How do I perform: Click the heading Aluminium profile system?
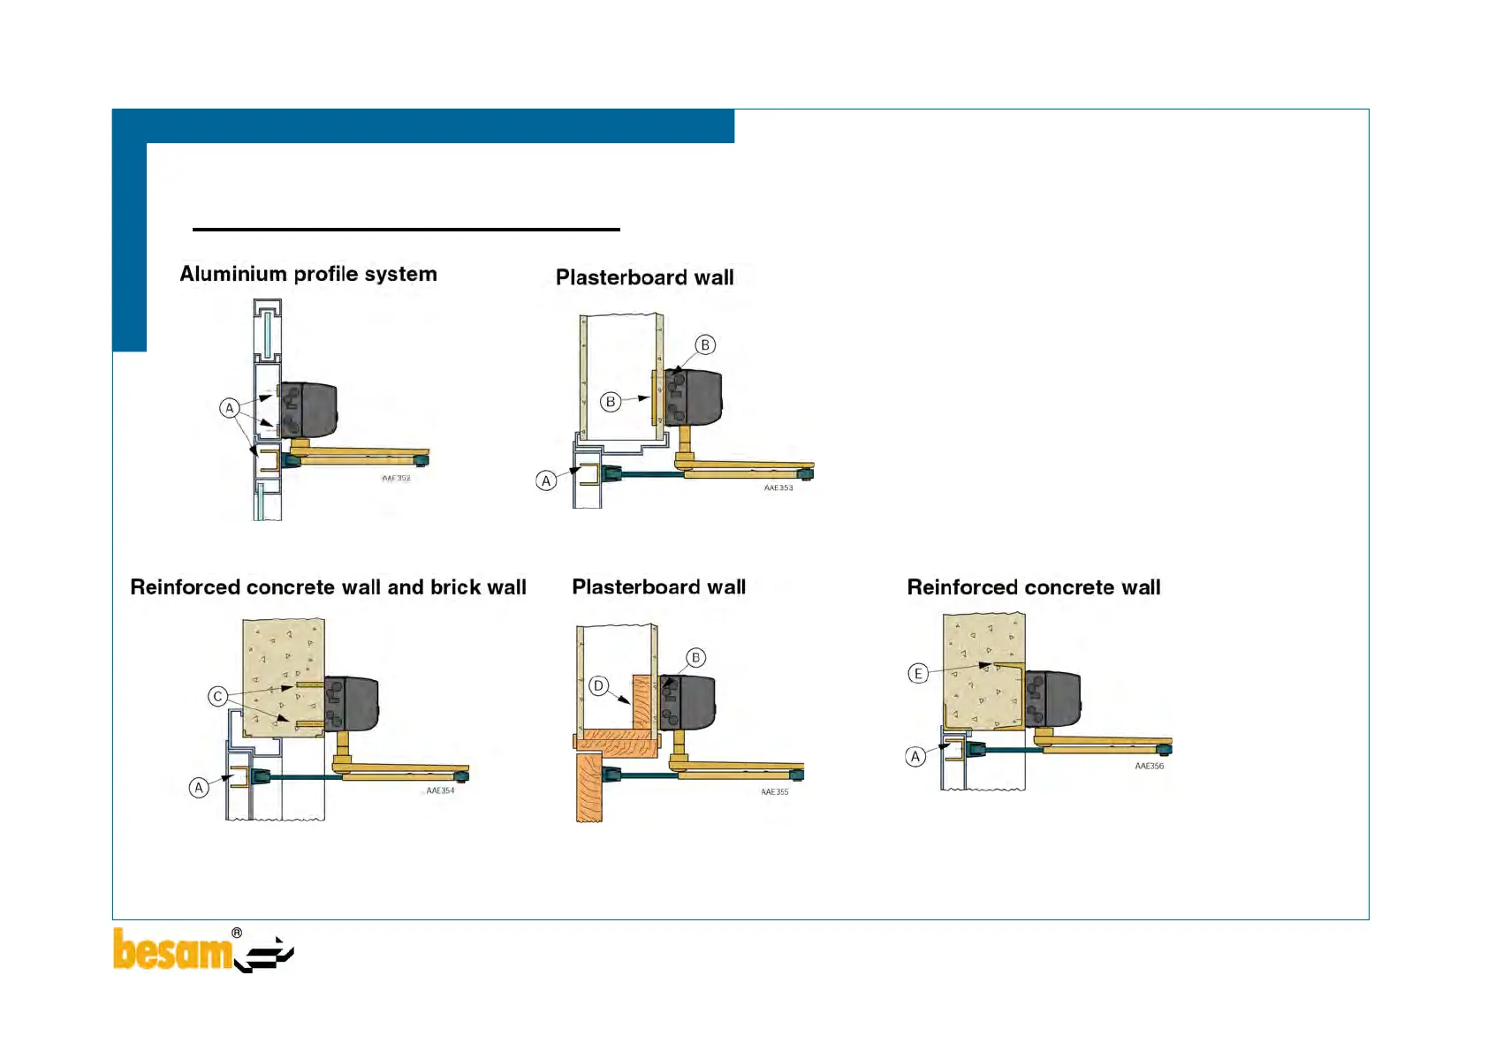[308, 274]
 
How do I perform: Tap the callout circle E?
[918, 674]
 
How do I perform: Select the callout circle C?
[217, 696]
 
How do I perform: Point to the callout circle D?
[598, 686]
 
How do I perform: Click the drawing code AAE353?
[778, 488]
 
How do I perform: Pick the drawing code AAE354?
[440, 790]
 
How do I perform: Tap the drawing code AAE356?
[1149, 766]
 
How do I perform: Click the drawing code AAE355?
[774, 792]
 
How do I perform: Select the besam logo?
[202, 950]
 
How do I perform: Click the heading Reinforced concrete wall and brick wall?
[328, 587]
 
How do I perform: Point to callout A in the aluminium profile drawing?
[230, 408]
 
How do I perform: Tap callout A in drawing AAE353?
[546, 480]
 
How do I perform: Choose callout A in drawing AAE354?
[199, 787]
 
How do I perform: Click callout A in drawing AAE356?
[915, 756]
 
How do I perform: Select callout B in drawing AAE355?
[695, 657]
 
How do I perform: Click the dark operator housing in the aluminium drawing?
[309, 410]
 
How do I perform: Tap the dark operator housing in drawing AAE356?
[1056, 697]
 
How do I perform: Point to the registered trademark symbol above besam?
[237, 933]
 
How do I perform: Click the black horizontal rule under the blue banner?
[406, 230]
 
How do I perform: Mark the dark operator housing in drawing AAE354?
[353, 703]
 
